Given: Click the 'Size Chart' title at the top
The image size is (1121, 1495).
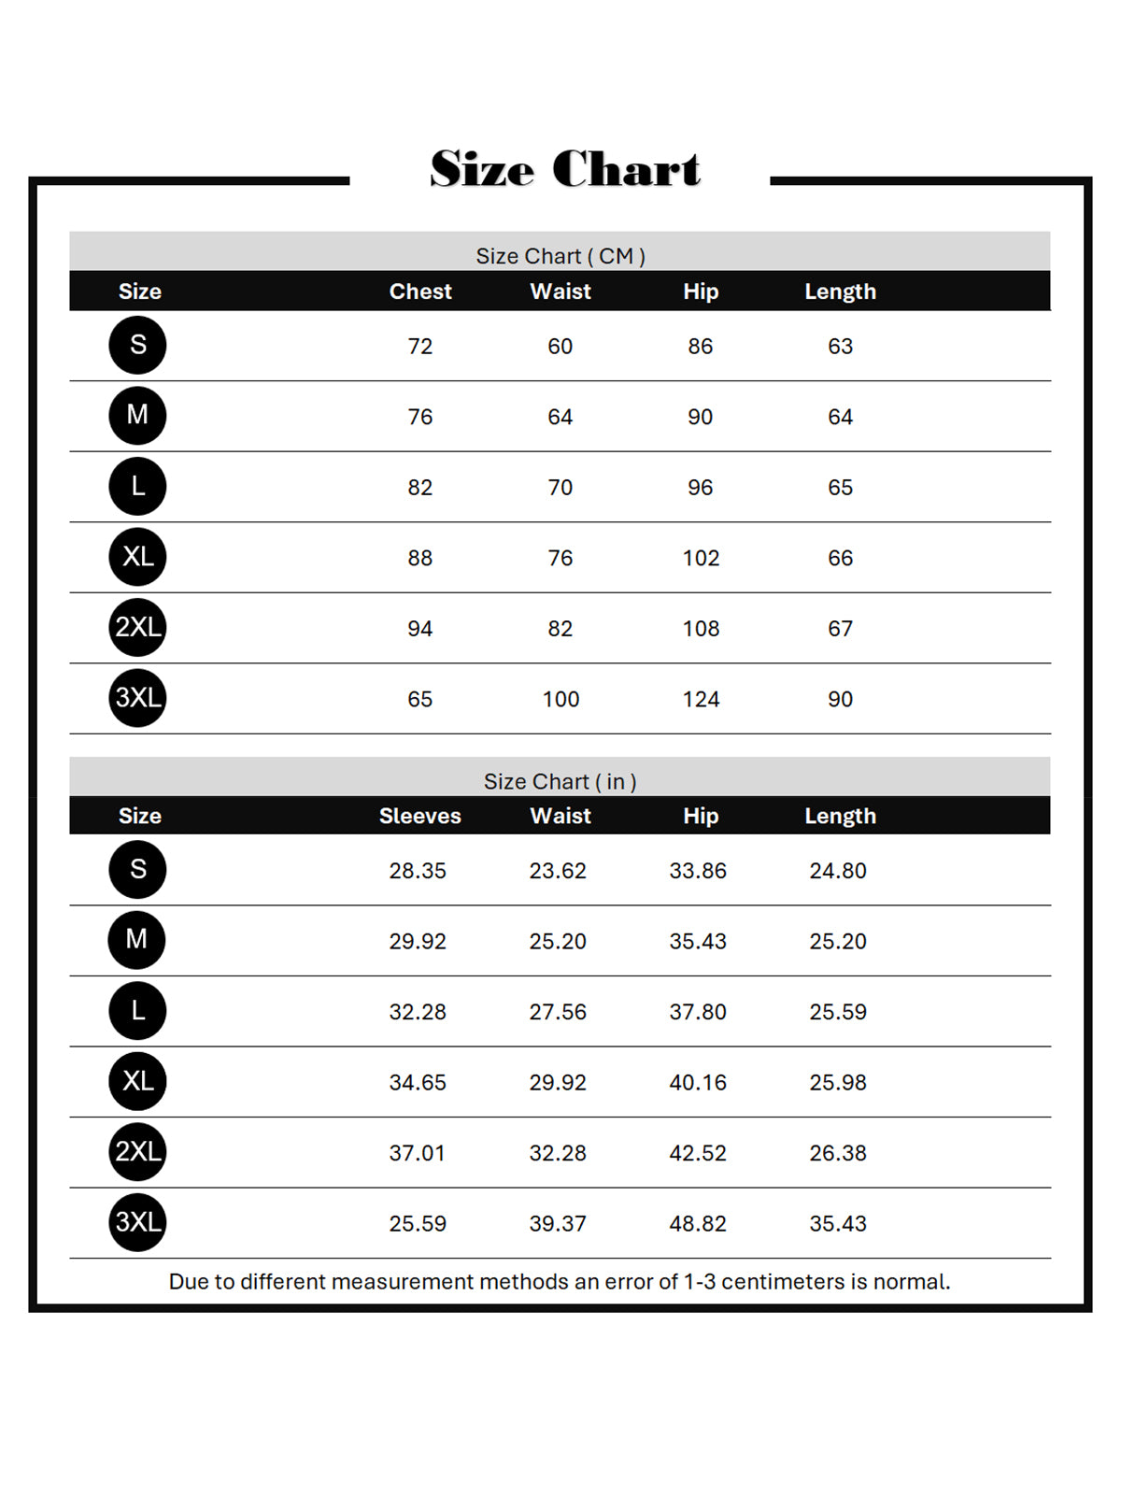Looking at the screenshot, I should [564, 169].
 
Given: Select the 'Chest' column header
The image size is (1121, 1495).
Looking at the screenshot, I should [420, 292].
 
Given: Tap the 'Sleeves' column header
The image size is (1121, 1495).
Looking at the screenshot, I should [419, 816].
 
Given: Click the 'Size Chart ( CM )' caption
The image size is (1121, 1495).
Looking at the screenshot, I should [560, 256].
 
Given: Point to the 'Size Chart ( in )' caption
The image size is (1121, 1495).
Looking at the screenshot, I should [560, 781].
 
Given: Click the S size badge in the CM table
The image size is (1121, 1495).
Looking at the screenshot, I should [137, 345].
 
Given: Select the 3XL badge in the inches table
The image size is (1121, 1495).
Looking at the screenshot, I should [137, 1222].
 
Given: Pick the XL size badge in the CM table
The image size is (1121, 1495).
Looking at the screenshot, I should [137, 557].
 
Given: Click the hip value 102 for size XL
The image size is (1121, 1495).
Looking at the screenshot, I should [701, 558].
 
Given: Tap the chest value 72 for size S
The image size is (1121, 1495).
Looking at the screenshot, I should [419, 347].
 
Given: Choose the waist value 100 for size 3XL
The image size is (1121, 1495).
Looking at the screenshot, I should [560, 699].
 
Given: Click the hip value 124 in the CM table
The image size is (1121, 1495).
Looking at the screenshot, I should [701, 699].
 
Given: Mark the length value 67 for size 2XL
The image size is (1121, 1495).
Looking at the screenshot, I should [840, 629].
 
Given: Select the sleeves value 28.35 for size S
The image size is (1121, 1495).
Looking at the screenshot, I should [418, 871].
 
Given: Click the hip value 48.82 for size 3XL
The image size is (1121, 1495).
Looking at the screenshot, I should [698, 1223].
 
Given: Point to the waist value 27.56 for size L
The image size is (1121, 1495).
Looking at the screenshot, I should [558, 1012].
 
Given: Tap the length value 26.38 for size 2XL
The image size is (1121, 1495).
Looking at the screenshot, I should [838, 1153].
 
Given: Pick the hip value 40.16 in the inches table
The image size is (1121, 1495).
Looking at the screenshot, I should [698, 1082].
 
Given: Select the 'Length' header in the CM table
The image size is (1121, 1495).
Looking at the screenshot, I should [840, 292].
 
